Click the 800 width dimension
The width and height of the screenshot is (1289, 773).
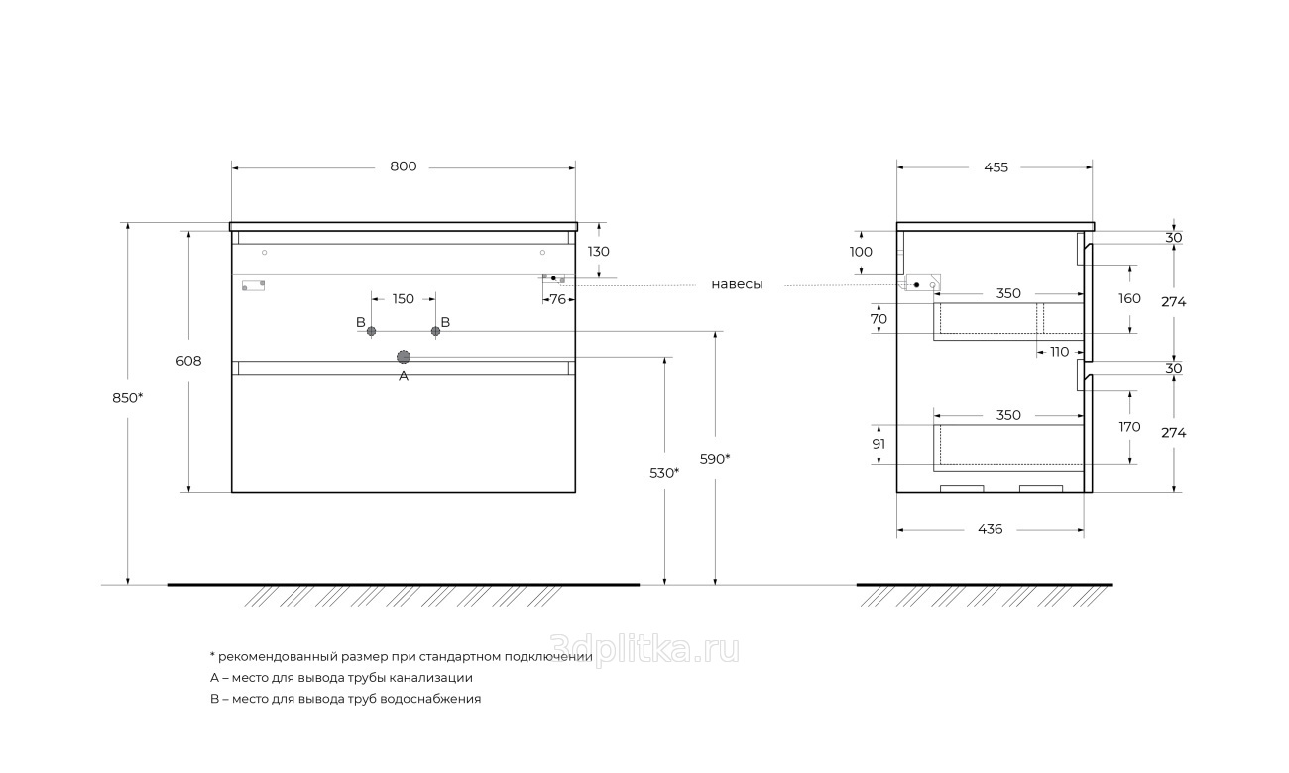pos(404,166)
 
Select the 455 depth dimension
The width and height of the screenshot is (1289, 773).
pos(996,167)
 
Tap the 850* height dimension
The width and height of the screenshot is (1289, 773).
pos(128,398)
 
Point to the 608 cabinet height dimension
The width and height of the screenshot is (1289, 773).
pos(188,361)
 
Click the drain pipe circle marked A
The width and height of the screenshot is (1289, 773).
pos(404,357)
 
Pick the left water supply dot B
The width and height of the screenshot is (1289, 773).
pos(371,331)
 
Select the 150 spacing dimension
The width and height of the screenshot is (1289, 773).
pos(404,299)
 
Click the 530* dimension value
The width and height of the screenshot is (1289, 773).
pos(664,473)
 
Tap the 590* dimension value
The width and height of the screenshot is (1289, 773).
pos(715,459)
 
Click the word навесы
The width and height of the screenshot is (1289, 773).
pos(737,284)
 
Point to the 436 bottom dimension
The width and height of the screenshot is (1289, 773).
pos(991,529)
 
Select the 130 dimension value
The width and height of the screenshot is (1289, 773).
pos(599,252)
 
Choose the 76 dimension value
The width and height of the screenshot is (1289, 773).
pos(558,299)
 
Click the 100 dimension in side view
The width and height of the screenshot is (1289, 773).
pos(861,252)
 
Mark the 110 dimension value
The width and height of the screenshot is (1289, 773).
pos(1059,352)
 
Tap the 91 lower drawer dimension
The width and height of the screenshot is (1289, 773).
pos(879,444)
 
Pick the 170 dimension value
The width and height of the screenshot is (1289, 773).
pos(1129,427)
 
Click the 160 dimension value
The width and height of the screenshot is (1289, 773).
pos(1129,298)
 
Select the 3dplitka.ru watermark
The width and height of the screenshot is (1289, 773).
pos(644,650)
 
